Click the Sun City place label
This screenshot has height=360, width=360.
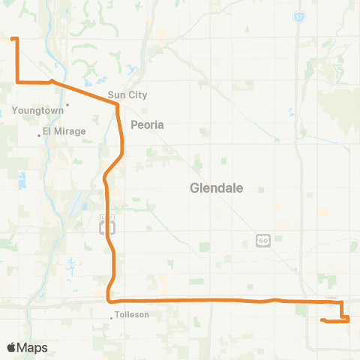[127, 95]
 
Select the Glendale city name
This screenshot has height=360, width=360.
[217, 189]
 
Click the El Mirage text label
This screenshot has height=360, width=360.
[64, 131]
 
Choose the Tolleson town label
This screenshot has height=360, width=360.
[132, 315]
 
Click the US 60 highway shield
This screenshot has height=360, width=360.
[262, 240]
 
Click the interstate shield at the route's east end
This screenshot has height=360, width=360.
[332, 299]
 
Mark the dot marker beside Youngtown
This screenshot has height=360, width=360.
[67, 104]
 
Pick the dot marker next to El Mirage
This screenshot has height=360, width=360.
[39, 136]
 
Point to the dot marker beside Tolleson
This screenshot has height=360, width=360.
[112, 318]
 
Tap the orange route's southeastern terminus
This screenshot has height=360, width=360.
[322, 320]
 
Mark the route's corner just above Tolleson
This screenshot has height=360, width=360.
[110, 299]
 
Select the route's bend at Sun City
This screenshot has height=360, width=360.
[117, 105]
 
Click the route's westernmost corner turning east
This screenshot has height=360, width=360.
[16, 81]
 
